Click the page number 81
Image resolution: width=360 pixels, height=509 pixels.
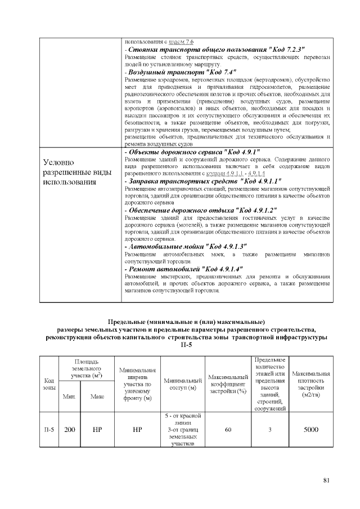pyautogui.click(x=326, y=480)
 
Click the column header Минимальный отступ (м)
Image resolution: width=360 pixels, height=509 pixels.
pyautogui.click(x=182, y=385)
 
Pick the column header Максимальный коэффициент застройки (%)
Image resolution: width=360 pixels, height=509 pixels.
pyautogui.click(x=228, y=385)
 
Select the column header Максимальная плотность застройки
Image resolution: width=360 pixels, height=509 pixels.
pyautogui.click(x=311, y=385)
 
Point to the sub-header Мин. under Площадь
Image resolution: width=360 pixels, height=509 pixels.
pyautogui.click(x=69, y=397)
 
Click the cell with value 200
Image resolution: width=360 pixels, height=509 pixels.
pyautogui.click(x=69, y=430)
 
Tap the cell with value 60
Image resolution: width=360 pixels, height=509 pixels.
pyautogui.click(x=228, y=430)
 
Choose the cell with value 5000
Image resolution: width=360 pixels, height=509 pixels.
pyautogui.click(x=311, y=430)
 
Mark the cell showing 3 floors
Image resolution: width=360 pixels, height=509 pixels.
pyautogui.click(x=270, y=430)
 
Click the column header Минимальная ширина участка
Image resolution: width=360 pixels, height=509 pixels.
pyautogui.click(x=138, y=385)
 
